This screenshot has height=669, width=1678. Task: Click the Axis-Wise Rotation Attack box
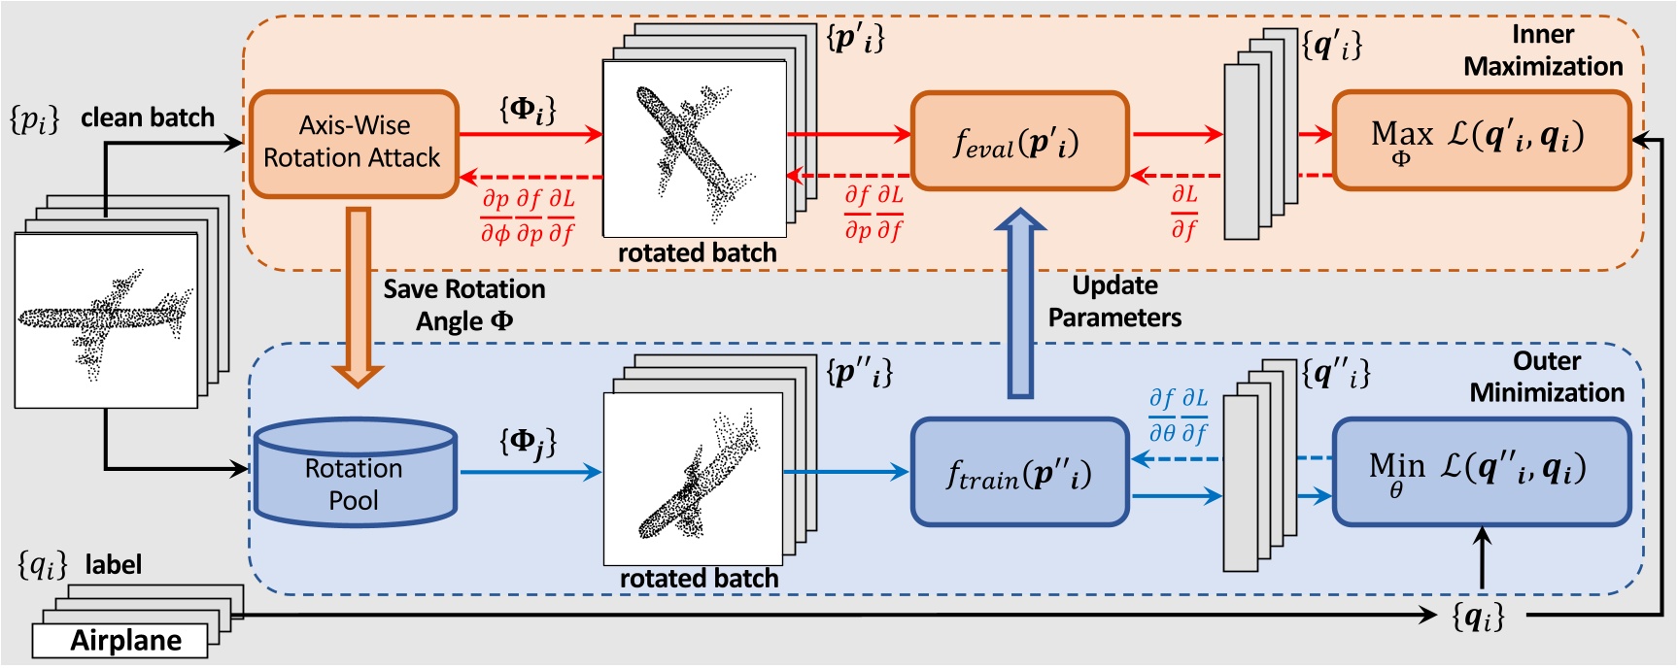(x=354, y=143)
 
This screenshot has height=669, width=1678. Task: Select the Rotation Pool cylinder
(x=355, y=475)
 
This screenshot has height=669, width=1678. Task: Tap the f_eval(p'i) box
(x=1018, y=142)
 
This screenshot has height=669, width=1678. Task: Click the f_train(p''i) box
(x=1018, y=473)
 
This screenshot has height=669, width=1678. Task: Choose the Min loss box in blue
(x=1480, y=472)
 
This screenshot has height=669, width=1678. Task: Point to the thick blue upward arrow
(x=1020, y=306)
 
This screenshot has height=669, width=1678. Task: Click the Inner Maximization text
(x=1543, y=50)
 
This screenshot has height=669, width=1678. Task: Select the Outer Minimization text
(x=1547, y=377)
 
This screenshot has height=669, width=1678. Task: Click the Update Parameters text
(x=1114, y=301)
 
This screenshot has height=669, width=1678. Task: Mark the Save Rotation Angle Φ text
(x=464, y=305)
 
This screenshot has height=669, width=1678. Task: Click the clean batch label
(x=147, y=117)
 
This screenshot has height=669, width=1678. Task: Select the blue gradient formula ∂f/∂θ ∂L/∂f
(x=1178, y=416)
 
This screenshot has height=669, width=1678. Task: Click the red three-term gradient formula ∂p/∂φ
(x=528, y=217)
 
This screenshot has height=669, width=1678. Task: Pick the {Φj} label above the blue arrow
(x=528, y=443)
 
